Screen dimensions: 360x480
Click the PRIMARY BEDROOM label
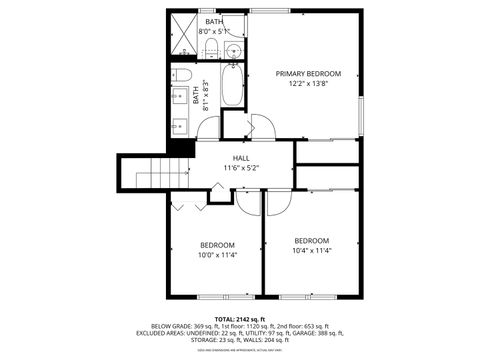tap(308, 74)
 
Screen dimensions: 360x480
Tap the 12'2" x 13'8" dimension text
tap(308, 84)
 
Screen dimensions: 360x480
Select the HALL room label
tap(241, 158)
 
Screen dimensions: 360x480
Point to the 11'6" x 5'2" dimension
tap(241, 168)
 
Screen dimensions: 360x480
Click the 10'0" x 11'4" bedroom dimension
tap(217, 255)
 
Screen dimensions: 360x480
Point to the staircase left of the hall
tap(155, 174)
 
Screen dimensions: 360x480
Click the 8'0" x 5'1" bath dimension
tap(215, 32)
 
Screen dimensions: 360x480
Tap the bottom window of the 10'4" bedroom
tap(311, 297)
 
